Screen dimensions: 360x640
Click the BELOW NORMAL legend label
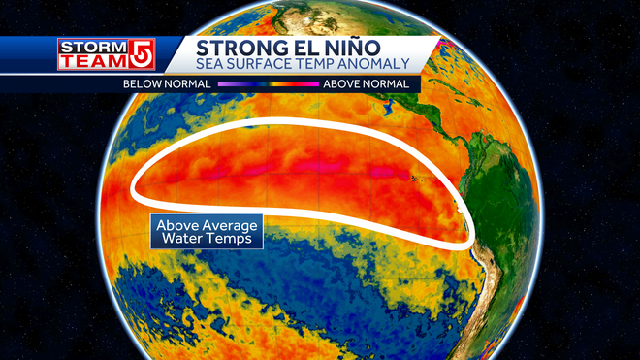coord(167,83)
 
